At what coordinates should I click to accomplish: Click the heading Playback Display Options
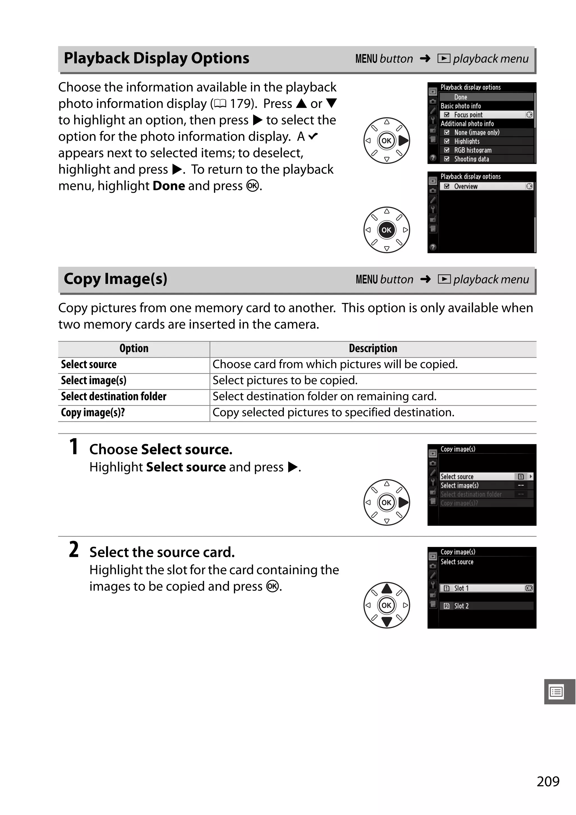point(156,58)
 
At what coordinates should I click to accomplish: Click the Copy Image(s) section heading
point(116,279)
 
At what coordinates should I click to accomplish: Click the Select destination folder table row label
point(113,396)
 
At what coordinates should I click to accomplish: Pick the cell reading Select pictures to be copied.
point(285,380)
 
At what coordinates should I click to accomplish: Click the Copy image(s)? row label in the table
point(93,412)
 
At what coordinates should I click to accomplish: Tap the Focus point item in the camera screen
point(468,115)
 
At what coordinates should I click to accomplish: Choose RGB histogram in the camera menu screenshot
point(472,150)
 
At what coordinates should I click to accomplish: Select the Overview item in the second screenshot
point(465,186)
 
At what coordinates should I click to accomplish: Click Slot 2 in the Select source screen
point(461,606)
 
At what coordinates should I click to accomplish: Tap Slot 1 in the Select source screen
point(461,588)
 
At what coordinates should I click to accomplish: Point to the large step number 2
point(74,550)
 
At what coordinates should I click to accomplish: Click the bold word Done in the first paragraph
point(169,186)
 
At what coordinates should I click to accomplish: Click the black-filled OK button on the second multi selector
point(386,230)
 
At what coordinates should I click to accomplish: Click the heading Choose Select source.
point(161,450)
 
